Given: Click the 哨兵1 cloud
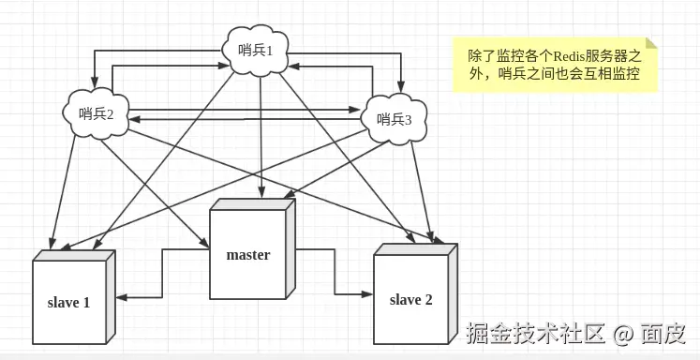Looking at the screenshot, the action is click(256, 51).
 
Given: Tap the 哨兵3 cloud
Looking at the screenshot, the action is click(394, 119).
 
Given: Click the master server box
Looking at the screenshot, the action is click(252, 249).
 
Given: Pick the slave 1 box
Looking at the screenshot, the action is click(74, 297).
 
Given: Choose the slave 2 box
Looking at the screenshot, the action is click(415, 293).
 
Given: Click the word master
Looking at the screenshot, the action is click(248, 255).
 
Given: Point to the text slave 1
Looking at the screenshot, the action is click(68, 303).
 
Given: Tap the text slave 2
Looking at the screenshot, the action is click(411, 300).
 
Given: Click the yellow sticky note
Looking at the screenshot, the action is click(556, 66).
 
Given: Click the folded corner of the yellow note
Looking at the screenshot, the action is click(651, 44).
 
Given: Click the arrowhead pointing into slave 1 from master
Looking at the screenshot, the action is click(122, 297).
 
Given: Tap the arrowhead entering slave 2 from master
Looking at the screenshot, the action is click(367, 293).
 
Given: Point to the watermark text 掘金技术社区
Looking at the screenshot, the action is click(536, 334).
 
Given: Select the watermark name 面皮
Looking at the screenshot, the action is click(663, 334).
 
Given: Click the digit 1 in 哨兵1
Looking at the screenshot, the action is click(269, 52).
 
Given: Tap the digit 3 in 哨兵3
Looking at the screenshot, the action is click(408, 120).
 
